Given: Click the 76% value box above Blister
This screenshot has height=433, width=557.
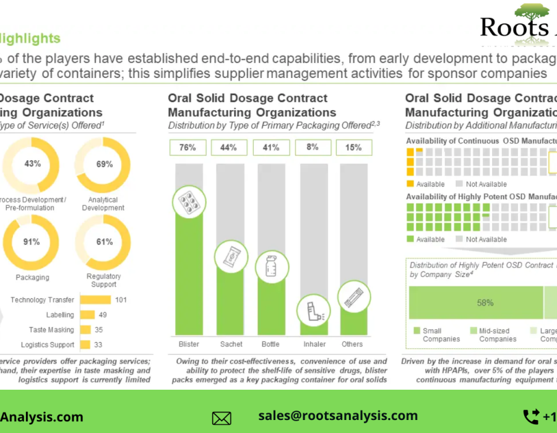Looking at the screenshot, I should click(188, 147).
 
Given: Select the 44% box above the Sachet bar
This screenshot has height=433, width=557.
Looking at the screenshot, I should click(229, 147).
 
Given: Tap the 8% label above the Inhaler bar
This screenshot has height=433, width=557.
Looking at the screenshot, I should click(313, 147).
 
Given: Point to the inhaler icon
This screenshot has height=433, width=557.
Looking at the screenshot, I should click(313, 309).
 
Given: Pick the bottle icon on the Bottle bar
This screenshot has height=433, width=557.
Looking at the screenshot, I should click(271, 267).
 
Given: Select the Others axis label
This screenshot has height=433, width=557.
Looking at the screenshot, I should click(353, 344).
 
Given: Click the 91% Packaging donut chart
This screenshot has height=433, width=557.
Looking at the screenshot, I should click(32, 242).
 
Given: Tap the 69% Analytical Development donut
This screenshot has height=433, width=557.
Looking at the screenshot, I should click(103, 164).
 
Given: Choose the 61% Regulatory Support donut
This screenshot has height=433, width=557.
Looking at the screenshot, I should click(103, 242).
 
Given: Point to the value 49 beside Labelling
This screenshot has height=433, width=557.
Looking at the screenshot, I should click(103, 315).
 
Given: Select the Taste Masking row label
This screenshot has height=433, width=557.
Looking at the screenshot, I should click(51, 330).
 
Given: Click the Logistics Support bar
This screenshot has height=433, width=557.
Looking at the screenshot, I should click(85, 345).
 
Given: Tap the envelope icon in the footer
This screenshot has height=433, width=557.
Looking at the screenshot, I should click(222, 418).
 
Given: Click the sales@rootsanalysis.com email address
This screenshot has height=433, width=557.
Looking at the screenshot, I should click(338, 416).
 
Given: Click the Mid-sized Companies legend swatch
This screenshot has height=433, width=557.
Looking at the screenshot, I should click(473, 331).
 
